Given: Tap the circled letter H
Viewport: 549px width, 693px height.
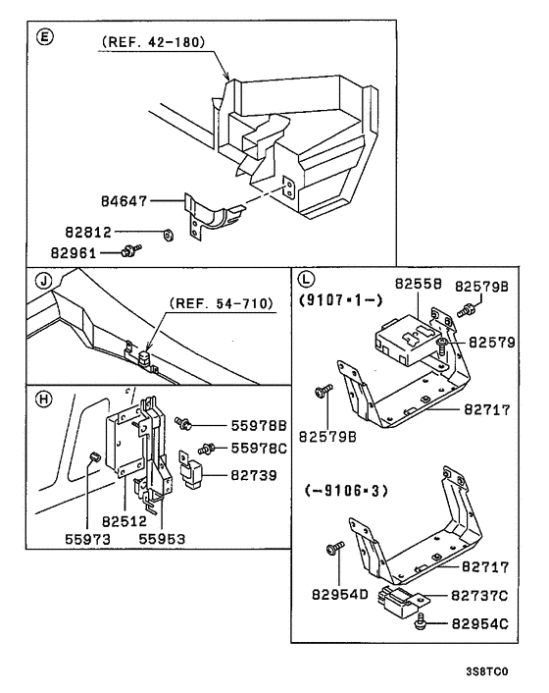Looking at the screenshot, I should pos(41,400).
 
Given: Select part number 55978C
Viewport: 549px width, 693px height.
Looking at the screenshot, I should pos(258,449).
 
